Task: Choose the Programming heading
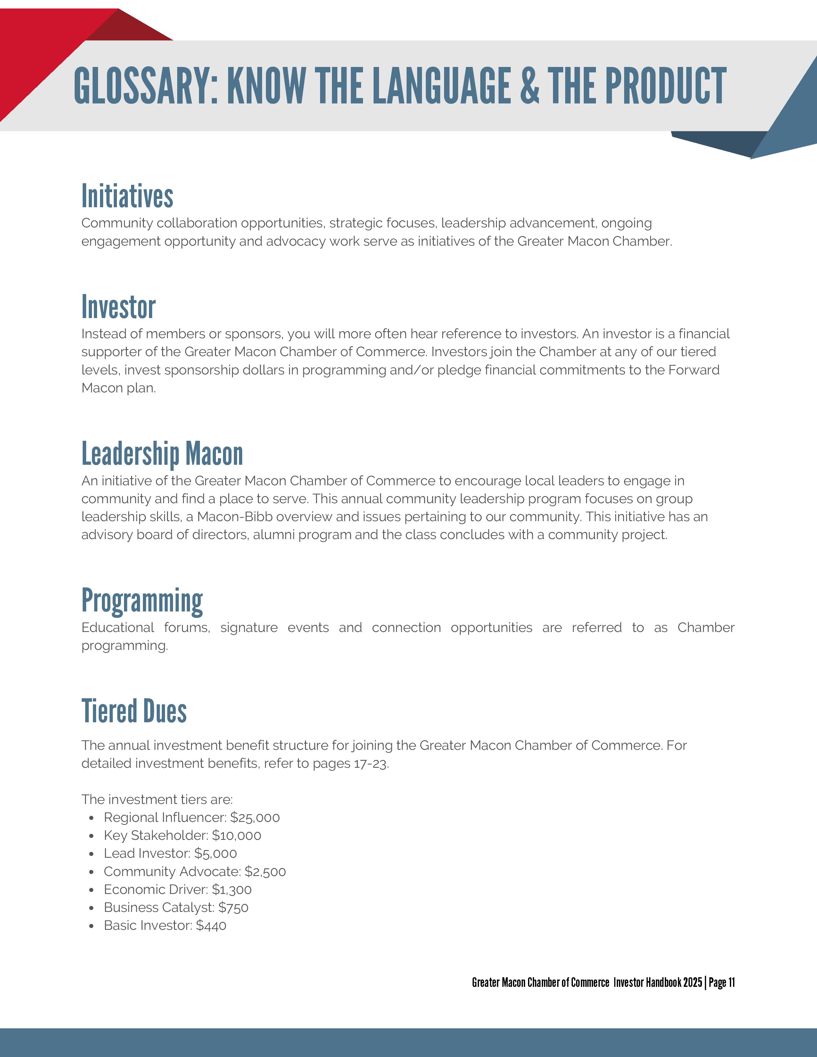tap(142, 601)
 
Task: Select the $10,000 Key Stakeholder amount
tap(237, 835)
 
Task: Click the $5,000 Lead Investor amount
tap(216, 853)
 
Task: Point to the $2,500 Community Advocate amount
tap(265, 872)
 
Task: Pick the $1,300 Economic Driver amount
tap(232, 889)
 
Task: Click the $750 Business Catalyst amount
tap(233, 907)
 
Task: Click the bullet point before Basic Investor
tap(92, 926)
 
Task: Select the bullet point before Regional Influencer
tap(92, 818)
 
